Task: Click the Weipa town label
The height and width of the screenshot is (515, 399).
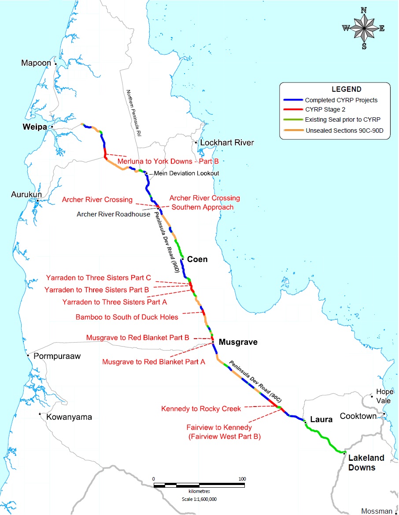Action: point(35,127)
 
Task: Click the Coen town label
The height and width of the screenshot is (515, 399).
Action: point(197,259)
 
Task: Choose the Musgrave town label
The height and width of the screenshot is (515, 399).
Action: point(238,342)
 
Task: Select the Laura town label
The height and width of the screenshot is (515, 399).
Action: point(321,419)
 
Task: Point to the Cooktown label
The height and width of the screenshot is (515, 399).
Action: point(358,416)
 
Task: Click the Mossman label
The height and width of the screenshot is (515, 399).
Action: point(376,511)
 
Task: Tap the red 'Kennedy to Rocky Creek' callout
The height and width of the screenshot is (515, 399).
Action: point(201,409)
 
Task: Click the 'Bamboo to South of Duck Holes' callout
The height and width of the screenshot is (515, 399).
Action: point(127,317)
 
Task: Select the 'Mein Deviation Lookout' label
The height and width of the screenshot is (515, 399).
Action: point(186,173)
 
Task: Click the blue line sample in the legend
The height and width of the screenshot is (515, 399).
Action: point(292,100)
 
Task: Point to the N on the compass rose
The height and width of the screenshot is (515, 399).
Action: point(364,10)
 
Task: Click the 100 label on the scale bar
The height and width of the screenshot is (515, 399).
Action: point(242,479)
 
